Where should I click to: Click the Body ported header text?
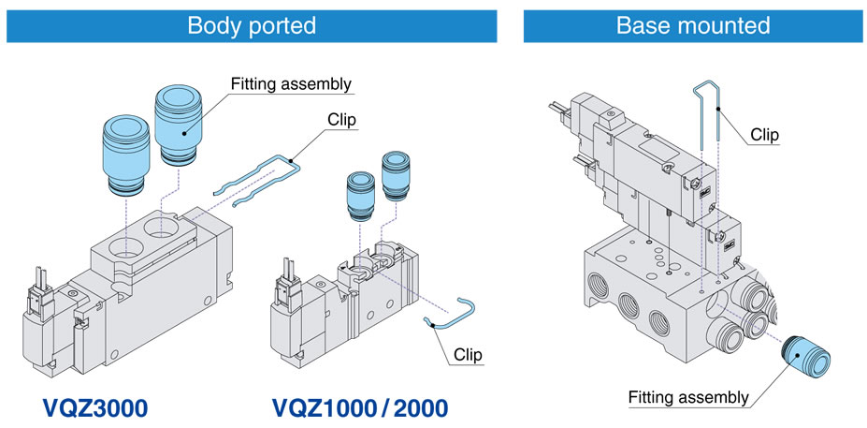click(x=252, y=25)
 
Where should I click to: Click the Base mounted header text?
click(x=693, y=25)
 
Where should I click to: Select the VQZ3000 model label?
click(x=95, y=408)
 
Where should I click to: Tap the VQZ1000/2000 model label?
click(x=360, y=408)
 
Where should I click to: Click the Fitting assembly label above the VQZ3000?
click(x=291, y=84)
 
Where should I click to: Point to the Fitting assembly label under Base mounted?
click(x=688, y=397)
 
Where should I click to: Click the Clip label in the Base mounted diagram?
click(x=764, y=135)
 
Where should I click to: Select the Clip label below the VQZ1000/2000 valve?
click(x=468, y=354)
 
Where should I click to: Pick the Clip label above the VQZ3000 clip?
click(x=341, y=120)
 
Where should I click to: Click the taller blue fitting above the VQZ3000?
click(x=179, y=124)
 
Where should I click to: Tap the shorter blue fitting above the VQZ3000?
click(x=126, y=155)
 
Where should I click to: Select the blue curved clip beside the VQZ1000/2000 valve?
click(x=451, y=314)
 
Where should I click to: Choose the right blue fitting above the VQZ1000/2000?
click(x=397, y=177)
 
